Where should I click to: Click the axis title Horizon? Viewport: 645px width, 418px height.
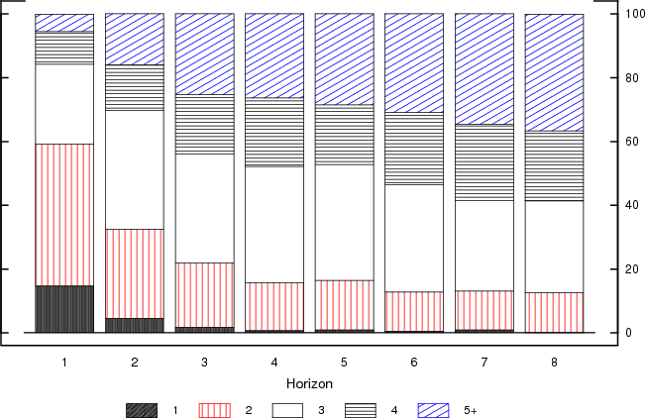coord(309,383)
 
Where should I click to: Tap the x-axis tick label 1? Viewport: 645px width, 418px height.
coord(64,363)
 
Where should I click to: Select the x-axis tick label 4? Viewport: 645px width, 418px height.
coord(274,363)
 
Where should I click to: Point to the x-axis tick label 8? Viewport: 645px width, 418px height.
coord(554,363)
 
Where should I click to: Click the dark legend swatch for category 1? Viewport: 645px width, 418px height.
coord(142,409)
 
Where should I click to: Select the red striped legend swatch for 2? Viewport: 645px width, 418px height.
coord(215,409)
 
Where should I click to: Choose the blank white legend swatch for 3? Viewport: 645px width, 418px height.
coord(287,409)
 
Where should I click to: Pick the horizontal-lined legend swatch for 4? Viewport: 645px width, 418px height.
coord(361,409)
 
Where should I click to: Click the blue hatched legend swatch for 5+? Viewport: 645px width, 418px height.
coord(434,409)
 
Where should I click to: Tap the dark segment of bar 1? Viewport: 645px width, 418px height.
coord(64,309)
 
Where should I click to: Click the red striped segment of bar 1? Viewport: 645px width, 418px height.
coord(64,215)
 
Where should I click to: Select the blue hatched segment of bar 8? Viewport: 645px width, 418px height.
coord(554,72)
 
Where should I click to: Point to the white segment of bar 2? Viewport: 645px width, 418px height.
coord(135,169)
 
